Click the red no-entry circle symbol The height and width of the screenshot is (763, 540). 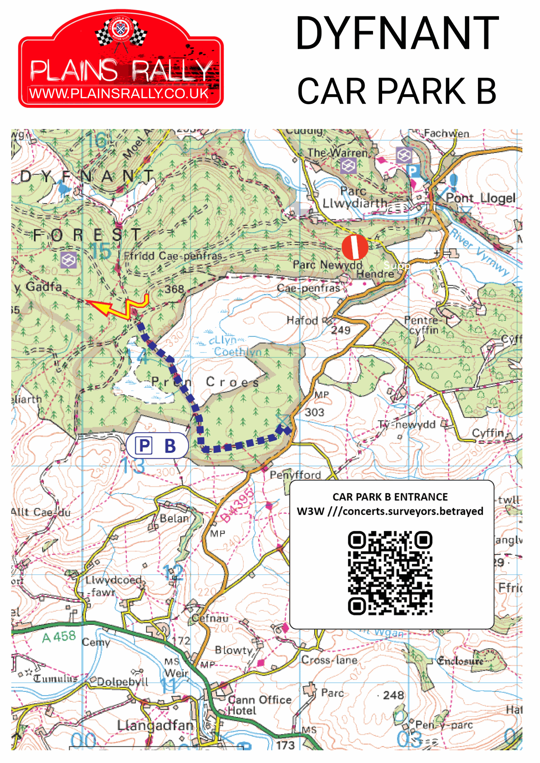355,247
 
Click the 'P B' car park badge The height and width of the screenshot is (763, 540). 157,445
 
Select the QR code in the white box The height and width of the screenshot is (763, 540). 390,573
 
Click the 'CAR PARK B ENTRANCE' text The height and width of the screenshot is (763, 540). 390,497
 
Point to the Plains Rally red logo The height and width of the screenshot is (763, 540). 121,60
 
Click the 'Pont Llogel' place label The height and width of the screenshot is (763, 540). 480,198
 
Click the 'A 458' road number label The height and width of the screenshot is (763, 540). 59,637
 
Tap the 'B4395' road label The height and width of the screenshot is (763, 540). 237,505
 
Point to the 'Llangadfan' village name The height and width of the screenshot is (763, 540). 155,725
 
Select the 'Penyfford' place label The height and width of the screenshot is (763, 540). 295,475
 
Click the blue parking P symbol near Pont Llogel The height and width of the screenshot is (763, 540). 413,171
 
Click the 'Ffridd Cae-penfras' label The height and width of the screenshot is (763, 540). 173,256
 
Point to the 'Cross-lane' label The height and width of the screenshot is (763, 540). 329,660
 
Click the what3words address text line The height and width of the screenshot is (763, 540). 390,511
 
